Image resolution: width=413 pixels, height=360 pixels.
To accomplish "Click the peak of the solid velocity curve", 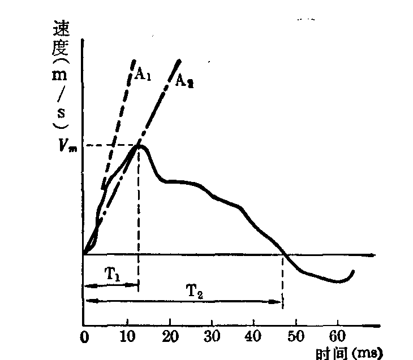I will (x=140, y=146).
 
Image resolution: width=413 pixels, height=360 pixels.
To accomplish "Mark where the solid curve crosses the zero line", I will (x=285, y=254).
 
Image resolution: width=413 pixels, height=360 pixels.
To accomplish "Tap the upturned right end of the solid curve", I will (x=354, y=272).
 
